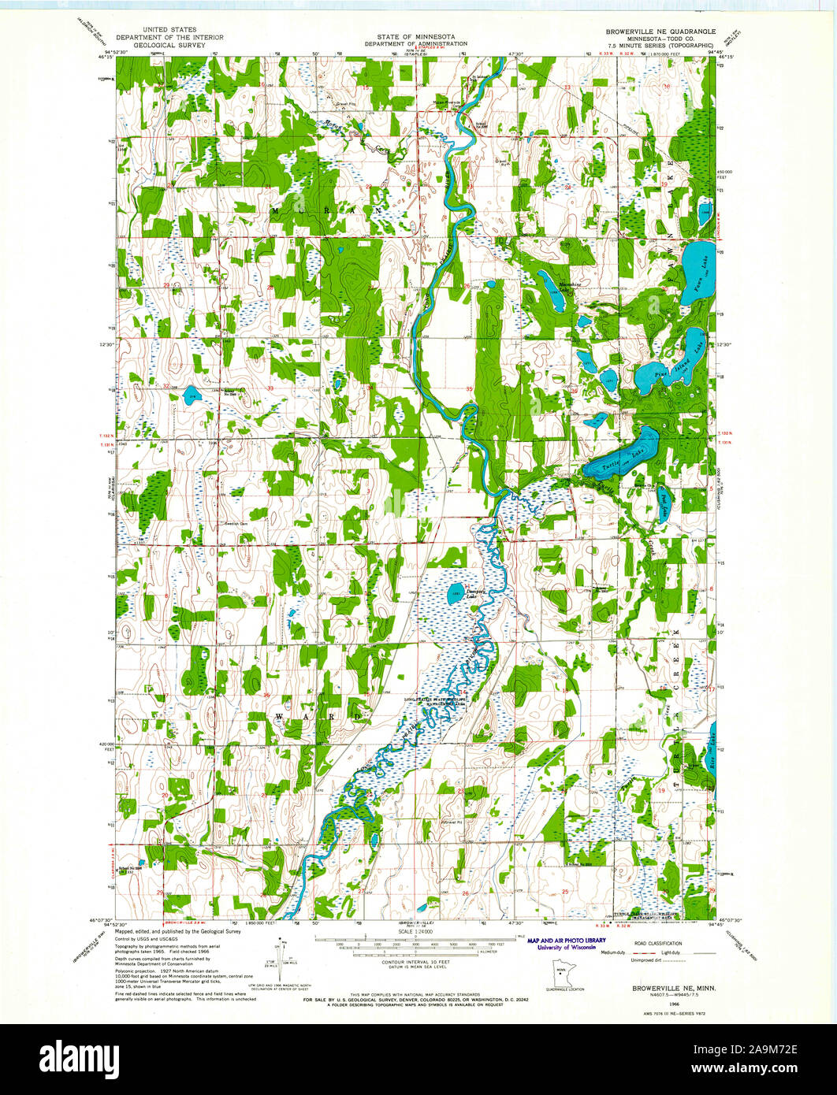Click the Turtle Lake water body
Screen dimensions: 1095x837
coord(623,457)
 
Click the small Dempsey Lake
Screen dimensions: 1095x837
coord(456,594)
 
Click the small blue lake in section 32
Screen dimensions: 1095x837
coord(191,395)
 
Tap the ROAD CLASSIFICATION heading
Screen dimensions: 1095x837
coord(653,942)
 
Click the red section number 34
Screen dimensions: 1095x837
coord(369,388)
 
